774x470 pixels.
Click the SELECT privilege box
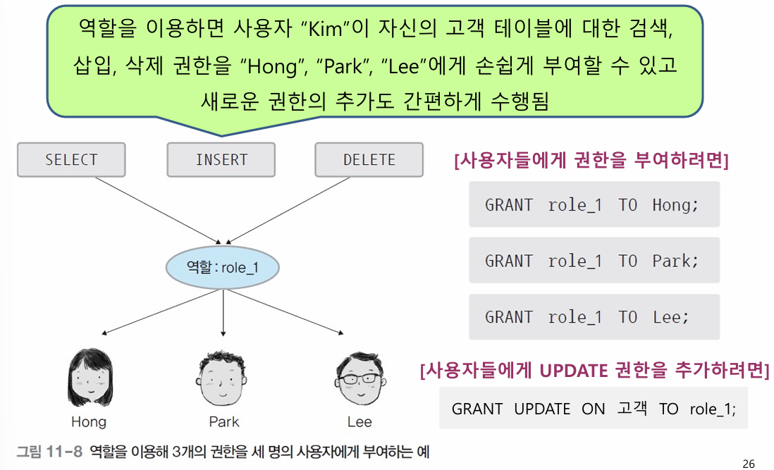(70, 160)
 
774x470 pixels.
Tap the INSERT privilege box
(221, 160)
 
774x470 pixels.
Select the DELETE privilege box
(369, 160)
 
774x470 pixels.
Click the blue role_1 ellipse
(223, 268)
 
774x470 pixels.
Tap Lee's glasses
(360, 378)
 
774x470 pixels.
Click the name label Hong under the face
(88, 422)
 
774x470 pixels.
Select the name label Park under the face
(223, 422)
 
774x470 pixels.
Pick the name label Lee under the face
(359, 422)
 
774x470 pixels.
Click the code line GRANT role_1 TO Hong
(592, 205)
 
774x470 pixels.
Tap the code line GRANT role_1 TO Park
(592, 261)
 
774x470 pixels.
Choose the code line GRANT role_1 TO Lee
(586, 317)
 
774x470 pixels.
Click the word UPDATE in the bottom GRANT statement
(541, 409)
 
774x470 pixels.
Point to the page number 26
(749, 463)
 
